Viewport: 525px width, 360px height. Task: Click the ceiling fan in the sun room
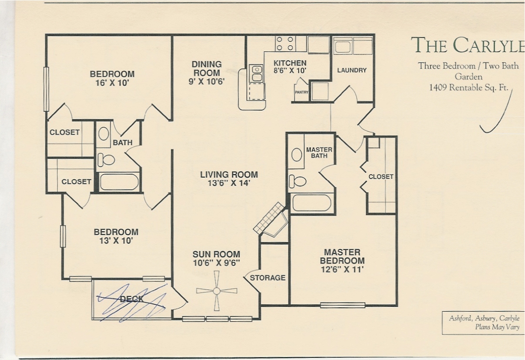point(216,291)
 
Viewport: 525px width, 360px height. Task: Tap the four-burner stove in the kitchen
point(285,44)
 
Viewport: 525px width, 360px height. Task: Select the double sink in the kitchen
point(256,73)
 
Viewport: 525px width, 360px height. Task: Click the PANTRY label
point(301,92)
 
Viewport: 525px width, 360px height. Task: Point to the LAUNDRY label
point(352,70)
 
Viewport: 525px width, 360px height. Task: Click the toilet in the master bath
point(297,182)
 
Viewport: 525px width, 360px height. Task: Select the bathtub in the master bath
point(312,203)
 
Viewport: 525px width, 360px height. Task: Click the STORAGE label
point(268,278)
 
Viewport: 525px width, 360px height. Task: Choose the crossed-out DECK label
point(131,299)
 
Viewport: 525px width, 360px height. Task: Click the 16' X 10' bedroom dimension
point(112,83)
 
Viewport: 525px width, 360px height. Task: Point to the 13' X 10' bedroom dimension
point(116,241)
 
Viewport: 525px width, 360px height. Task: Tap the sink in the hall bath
point(104,134)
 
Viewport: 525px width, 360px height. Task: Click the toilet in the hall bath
point(106,160)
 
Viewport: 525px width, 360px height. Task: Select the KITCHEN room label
point(290,63)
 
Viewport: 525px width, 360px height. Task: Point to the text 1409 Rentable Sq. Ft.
point(469,87)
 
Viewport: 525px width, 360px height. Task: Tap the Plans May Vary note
point(497,327)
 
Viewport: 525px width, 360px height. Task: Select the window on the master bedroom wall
point(343,305)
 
